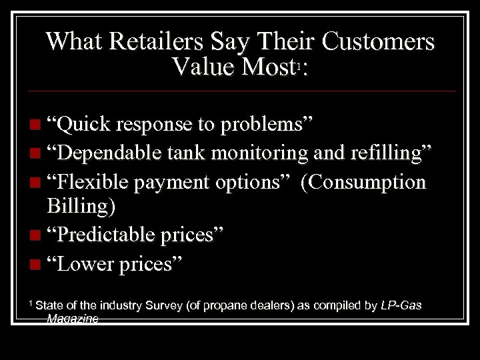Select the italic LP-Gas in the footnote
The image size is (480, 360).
pos(400,305)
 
